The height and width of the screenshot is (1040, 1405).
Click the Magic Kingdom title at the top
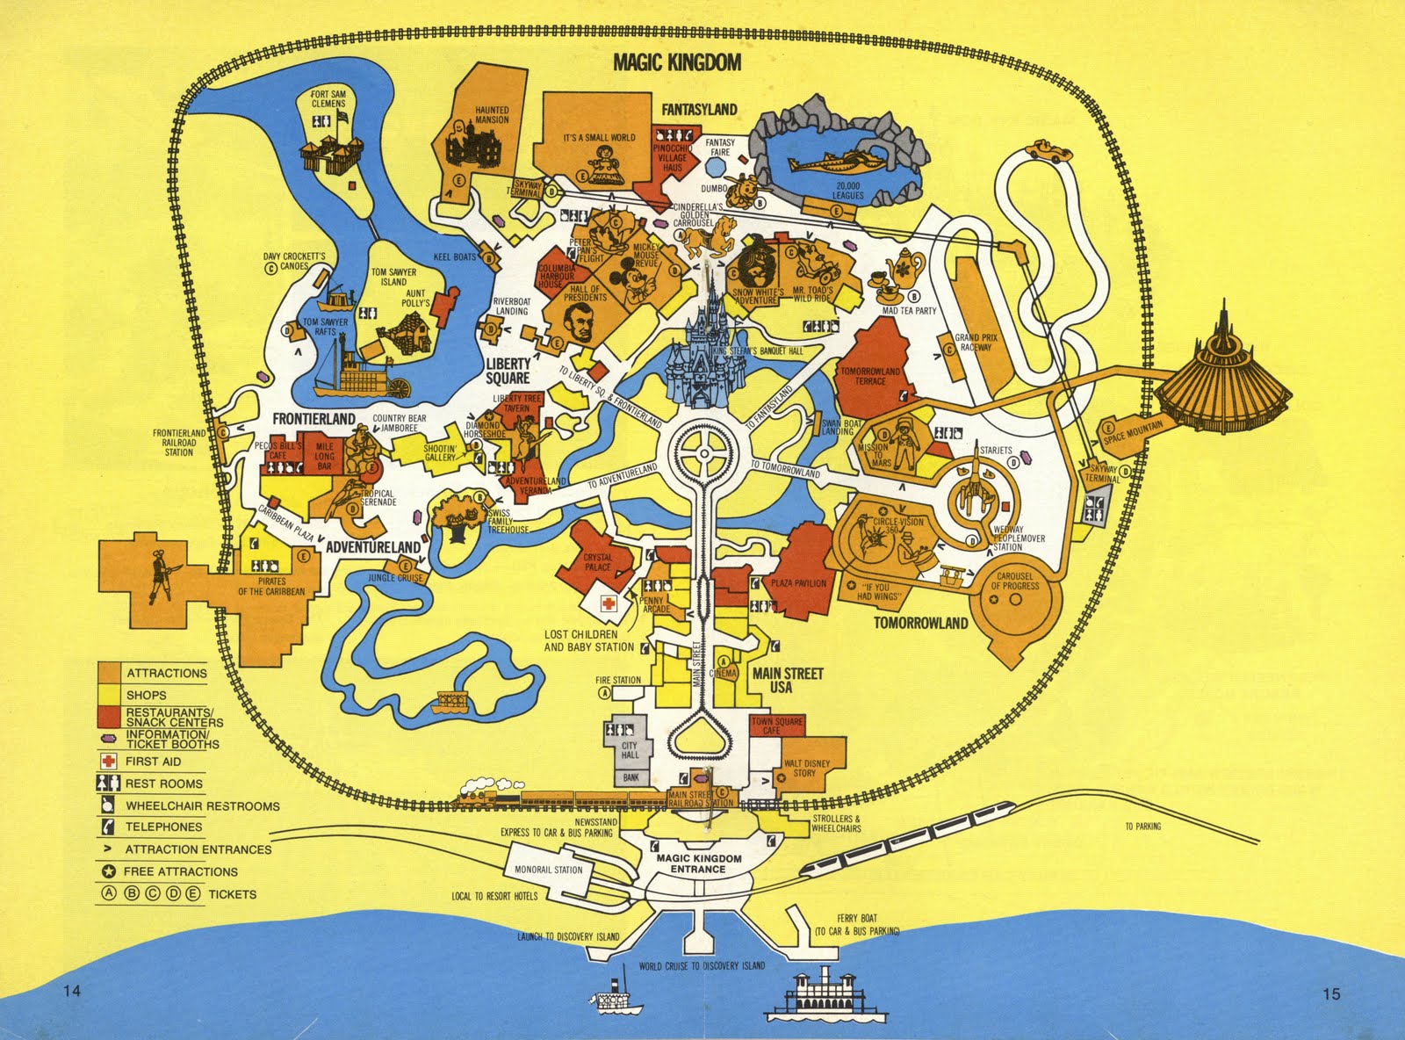(x=677, y=62)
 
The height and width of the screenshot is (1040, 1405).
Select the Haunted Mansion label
(x=492, y=115)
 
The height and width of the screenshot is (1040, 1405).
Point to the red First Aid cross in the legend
(x=109, y=762)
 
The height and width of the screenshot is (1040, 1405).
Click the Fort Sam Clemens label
(x=328, y=97)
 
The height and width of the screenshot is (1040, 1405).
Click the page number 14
(x=72, y=993)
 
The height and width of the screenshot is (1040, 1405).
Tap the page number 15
(x=1330, y=995)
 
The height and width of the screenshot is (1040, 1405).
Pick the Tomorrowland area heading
(x=920, y=623)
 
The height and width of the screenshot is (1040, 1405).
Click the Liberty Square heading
(x=508, y=371)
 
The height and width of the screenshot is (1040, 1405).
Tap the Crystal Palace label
(x=598, y=562)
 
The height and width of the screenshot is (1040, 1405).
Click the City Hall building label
(x=630, y=749)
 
